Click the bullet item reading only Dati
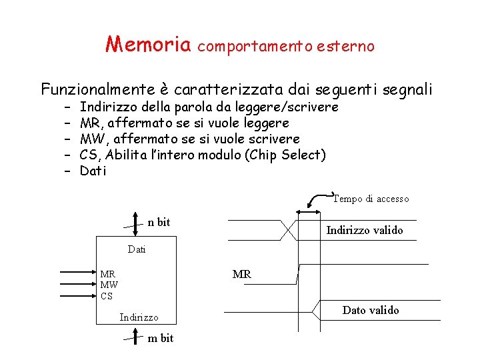(93, 171)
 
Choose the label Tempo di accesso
(371, 199)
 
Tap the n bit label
(159, 222)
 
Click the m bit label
(160, 338)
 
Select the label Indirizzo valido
(364, 231)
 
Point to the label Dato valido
(371, 310)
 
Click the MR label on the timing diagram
(241, 274)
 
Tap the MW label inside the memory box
(109, 285)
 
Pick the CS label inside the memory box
(107, 296)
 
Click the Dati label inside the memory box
(136, 250)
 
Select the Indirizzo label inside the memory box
(139, 317)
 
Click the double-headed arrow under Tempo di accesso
(308, 211)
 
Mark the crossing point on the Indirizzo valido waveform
(287, 231)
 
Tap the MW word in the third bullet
(90, 139)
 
